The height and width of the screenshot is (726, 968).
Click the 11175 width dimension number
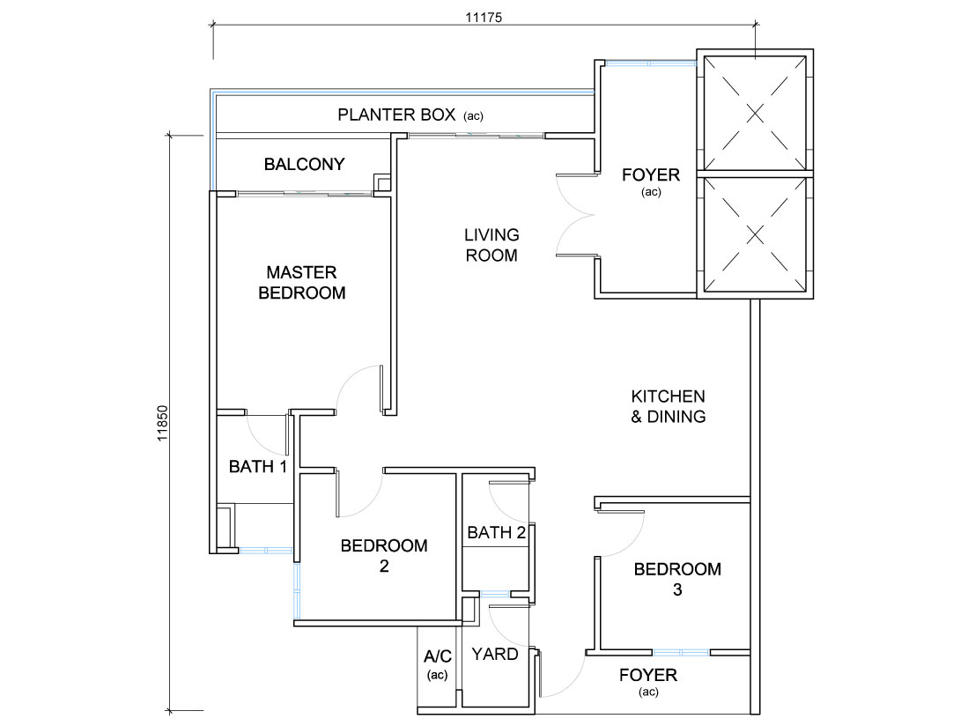click(484, 18)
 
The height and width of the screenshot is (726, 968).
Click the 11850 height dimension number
click(162, 423)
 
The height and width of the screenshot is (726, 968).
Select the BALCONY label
click(305, 164)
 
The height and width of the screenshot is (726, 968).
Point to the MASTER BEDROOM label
click(302, 282)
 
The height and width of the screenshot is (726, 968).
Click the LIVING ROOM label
click(491, 245)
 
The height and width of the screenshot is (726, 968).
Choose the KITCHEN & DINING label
click(668, 406)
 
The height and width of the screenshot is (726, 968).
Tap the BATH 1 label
click(258, 467)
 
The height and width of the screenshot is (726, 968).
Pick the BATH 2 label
click(497, 532)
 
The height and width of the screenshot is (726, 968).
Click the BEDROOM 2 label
click(384, 556)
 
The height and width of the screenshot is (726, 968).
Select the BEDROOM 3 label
click(677, 579)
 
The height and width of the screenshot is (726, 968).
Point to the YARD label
click(494, 655)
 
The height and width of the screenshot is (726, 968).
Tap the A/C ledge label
click(438, 665)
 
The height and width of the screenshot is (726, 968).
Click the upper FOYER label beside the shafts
click(651, 181)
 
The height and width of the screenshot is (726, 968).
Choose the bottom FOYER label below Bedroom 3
click(648, 682)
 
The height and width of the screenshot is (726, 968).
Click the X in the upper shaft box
click(755, 113)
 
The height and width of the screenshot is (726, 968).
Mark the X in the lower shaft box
click(755, 234)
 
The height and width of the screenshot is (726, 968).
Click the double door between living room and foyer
click(576, 215)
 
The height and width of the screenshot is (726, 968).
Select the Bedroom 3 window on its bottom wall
click(681, 653)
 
